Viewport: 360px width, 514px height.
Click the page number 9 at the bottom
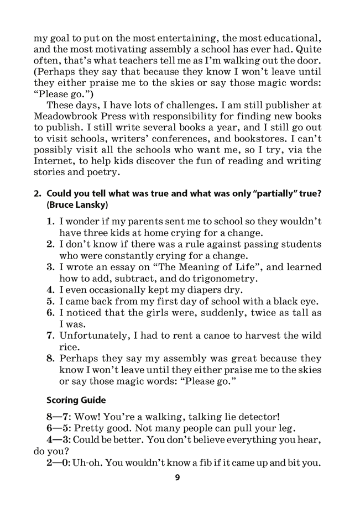tap(178, 478)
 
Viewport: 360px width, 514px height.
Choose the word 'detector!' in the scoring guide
tap(264, 416)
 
